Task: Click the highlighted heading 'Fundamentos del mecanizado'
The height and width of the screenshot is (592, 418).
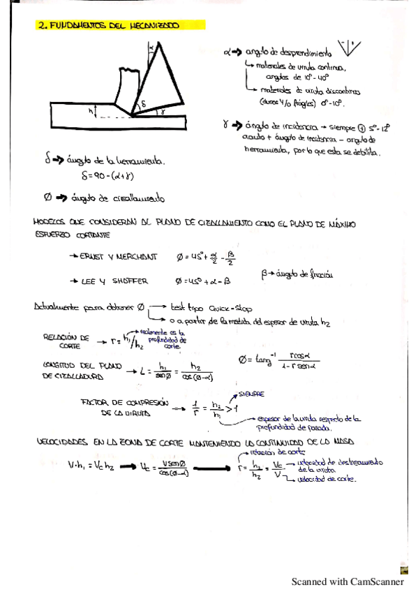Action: tap(109, 26)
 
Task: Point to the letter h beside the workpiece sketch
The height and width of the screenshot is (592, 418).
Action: tap(91, 110)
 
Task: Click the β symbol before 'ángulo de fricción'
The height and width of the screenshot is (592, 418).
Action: tap(265, 276)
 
